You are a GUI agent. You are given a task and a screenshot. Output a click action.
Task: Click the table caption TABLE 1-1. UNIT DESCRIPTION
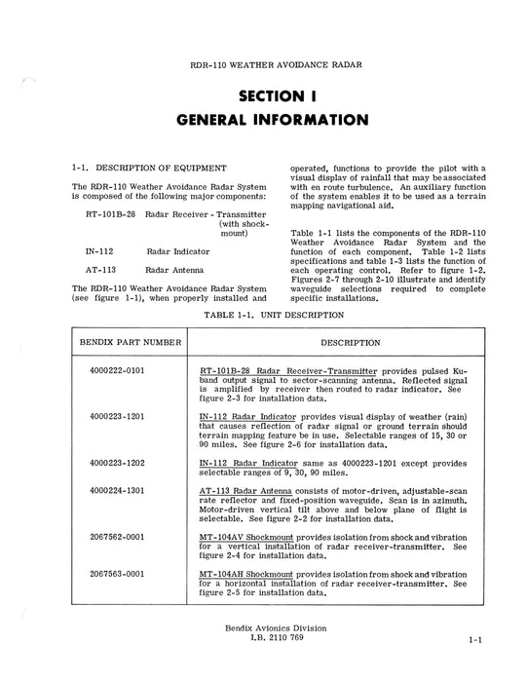[x=263, y=317]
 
